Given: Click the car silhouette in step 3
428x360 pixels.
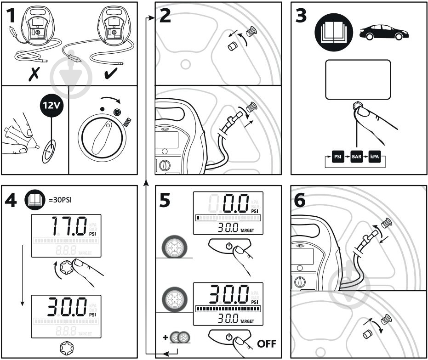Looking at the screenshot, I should [x=384, y=33].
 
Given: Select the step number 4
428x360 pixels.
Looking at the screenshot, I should [x=12, y=200].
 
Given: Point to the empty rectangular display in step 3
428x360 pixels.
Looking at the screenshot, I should [x=358, y=79].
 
